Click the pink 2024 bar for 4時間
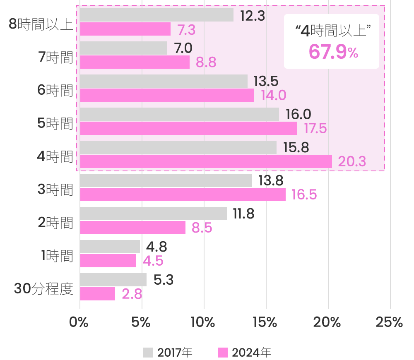[206, 161]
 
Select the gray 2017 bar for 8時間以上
[156, 15]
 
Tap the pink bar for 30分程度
[97, 294]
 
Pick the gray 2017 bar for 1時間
[110, 247]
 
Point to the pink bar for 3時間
[183, 194]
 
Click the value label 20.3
[352, 162]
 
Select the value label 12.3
[253, 15]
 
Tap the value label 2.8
[132, 294]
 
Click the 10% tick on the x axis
[204, 323]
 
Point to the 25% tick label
[389, 323]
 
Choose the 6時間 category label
[55, 90]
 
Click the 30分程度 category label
[43, 289]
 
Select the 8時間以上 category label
[41, 24]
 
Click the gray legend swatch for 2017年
[148, 353]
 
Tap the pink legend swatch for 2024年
[223, 353]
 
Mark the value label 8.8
[206, 62]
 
